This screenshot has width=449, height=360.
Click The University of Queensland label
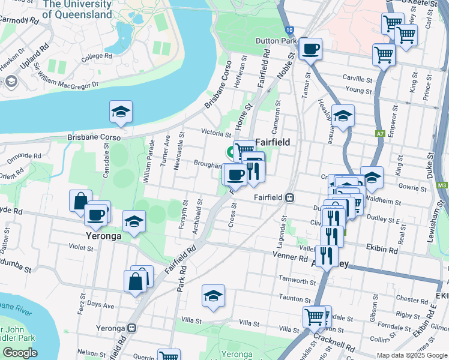tap(77, 9)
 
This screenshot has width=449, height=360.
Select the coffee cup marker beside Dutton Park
tap(310, 49)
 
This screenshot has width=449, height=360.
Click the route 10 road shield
tap(290, 29)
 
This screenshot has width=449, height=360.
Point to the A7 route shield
tap(379, 134)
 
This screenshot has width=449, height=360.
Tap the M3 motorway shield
tap(442, 186)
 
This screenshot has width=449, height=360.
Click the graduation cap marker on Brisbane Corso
tap(121, 112)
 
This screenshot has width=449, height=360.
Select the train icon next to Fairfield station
tap(289, 197)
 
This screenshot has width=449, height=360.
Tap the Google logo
tap(20, 353)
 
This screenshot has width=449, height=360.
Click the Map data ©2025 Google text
tap(412, 355)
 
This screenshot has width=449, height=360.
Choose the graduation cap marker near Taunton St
tap(212, 296)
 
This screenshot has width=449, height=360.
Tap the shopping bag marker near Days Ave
tap(135, 280)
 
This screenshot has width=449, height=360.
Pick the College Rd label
tap(97, 56)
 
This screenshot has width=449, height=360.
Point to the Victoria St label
tap(217, 134)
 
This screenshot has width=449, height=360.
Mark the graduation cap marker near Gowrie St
tap(372, 178)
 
